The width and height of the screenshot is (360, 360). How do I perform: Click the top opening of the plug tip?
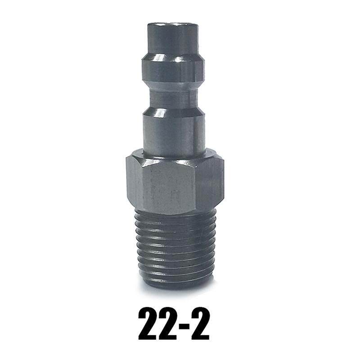(x=173, y=23)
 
